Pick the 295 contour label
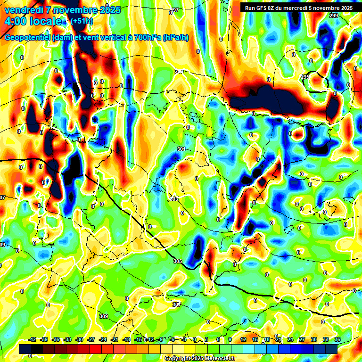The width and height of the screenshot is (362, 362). (304, 77)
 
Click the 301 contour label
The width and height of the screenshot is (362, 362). (181, 149)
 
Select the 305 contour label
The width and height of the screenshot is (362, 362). (177, 261)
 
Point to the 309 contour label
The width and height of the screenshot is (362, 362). (104, 316)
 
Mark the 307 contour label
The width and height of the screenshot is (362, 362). (176, 304)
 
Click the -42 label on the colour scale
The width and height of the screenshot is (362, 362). (33, 339)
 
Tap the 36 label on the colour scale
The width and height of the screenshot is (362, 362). (337, 339)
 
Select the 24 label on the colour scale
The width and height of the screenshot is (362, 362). (290, 339)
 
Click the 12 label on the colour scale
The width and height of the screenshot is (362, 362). (243, 339)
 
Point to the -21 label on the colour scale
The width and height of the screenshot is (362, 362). (115, 339)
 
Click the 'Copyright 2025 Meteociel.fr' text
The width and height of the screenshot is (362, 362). (200, 359)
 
